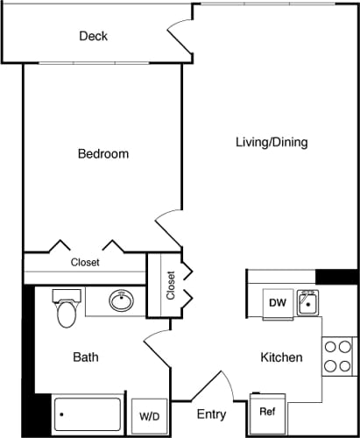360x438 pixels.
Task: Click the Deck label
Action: click(93, 36)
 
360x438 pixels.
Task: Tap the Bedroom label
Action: click(103, 153)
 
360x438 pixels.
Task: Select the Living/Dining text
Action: click(272, 142)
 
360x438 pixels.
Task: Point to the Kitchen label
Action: click(281, 357)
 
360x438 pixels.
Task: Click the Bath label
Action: click(85, 357)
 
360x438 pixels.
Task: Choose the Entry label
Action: click(210, 414)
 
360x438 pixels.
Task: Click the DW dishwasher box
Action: click(278, 303)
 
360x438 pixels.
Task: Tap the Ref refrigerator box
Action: click(267, 410)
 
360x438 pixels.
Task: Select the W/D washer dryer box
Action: click(148, 416)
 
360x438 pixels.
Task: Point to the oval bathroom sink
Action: click(122, 302)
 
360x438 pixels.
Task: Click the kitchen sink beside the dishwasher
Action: click(307, 303)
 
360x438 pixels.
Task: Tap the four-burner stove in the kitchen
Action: click(338, 356)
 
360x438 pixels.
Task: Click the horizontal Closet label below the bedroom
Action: click(85, 262)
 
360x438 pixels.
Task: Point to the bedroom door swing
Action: click(168, 228)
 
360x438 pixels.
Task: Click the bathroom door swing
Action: click(157, 350)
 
